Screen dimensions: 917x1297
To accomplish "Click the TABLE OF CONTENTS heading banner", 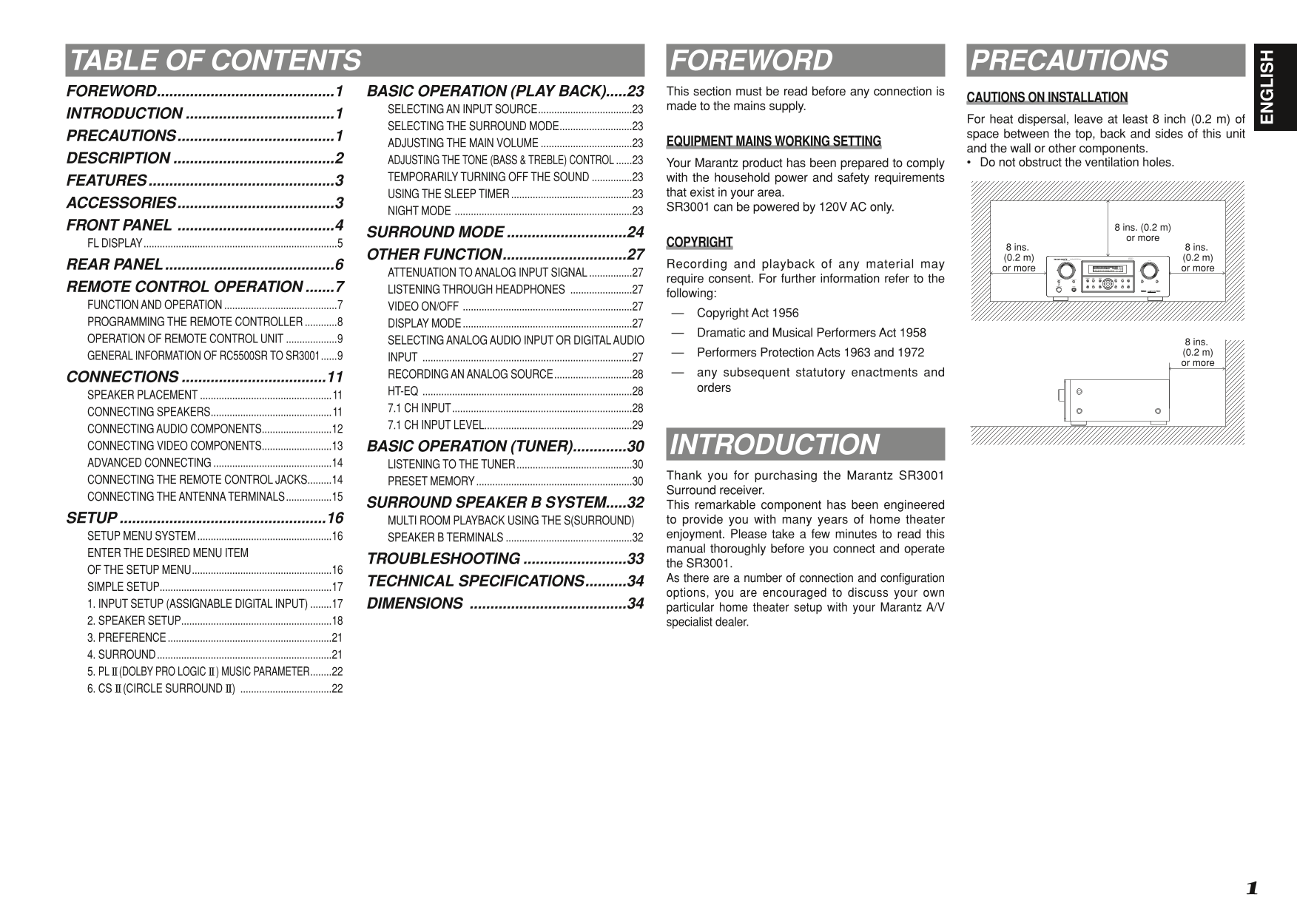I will (354, 60).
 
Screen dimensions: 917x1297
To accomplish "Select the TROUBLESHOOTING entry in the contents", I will (505, 558).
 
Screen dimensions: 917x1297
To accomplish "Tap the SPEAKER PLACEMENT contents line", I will (215, 395).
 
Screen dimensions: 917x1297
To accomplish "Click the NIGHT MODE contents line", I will (515, 211).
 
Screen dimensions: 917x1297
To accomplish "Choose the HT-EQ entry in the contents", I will (515, 391).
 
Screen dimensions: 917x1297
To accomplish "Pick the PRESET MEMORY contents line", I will (515, 481).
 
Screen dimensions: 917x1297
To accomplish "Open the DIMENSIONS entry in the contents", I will (505, 603).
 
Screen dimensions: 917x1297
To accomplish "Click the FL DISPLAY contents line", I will (215, 243).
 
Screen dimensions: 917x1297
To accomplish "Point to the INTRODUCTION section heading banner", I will (805, 444).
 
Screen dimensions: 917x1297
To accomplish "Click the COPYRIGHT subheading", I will (699, 242).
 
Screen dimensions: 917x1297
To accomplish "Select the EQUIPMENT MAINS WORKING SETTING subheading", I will (773, 141).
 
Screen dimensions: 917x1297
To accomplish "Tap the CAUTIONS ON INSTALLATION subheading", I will (1047, 97).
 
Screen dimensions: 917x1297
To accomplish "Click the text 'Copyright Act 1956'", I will (747, 314).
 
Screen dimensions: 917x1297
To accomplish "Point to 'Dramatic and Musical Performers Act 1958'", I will (811, 333).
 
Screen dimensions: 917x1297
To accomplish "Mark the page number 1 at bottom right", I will (1251, 888).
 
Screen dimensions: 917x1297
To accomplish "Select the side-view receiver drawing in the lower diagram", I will (1113, 402).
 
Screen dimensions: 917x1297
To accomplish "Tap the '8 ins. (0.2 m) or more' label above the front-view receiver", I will (1142, 233).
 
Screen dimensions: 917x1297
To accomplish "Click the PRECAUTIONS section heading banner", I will (1105, 60).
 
